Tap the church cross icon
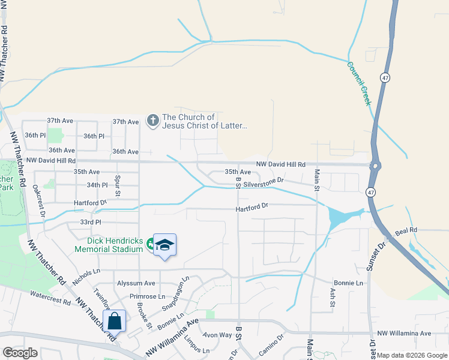[x=153, y=121]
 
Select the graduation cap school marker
[x=164, y=245]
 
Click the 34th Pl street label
[x=97, y=185]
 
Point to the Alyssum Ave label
[x=136, y=283]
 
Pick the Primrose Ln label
[x=146, y=296]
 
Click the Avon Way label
[x=217, y=335]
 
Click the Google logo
[x=20, y=353]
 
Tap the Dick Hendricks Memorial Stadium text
[x=109, y=245]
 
